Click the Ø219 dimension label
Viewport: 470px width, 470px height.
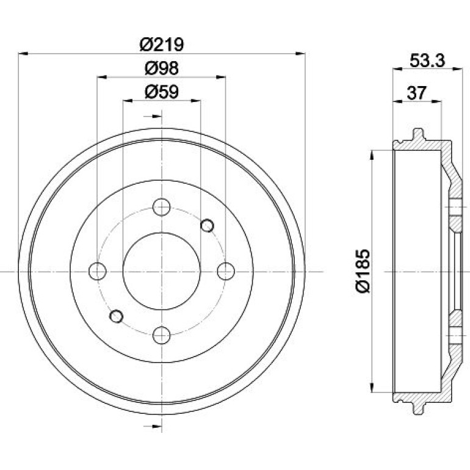[x=162, y=45]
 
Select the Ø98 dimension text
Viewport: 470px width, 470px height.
[x=162, y=68]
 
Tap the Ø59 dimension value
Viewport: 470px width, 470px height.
[x=162, y=92]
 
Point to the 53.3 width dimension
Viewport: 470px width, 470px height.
[x=427, y=60]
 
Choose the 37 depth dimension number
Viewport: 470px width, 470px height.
[x=416, y=93]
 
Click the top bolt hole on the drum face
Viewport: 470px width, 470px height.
[x=162, y=207]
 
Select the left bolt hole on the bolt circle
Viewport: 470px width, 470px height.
[x=98, y=271]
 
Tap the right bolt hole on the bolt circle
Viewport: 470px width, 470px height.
[x=226, y=271]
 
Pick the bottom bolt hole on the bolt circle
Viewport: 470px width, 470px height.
[x=162, y=335]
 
